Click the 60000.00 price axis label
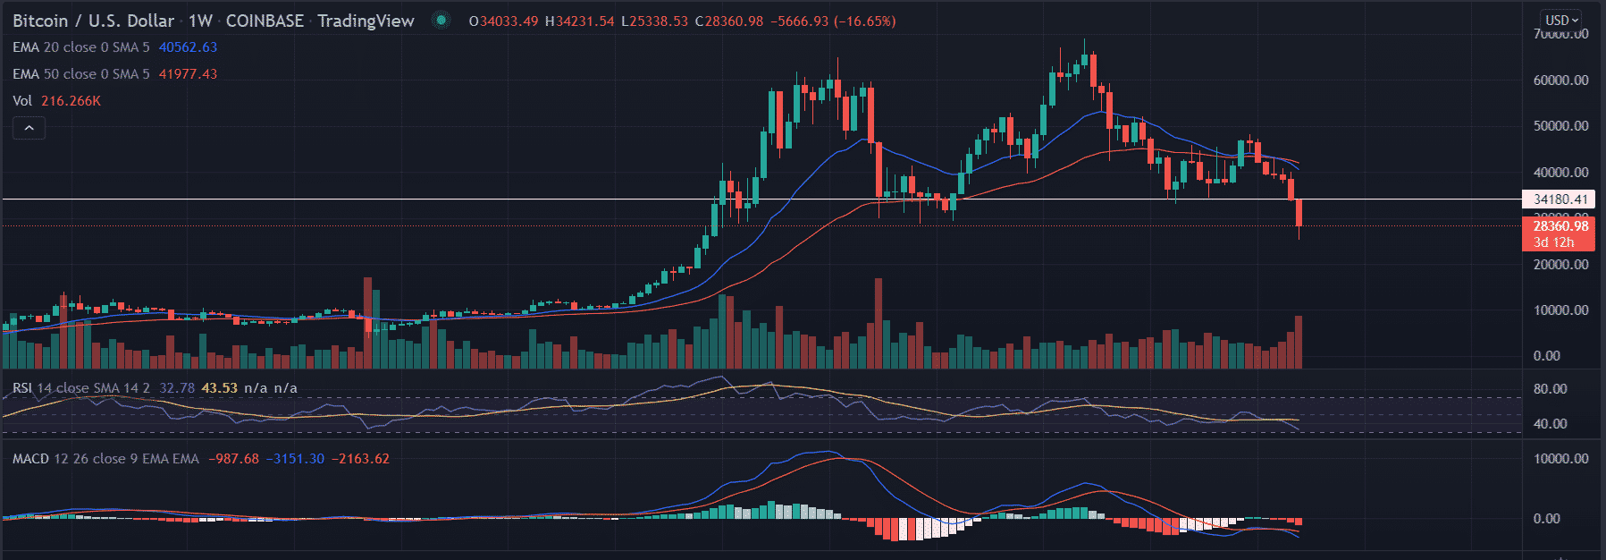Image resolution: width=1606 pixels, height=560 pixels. pyautogui.click(x=1560, y=81)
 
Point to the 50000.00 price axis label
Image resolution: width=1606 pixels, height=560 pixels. pyautogui.click(x=1560, y=126)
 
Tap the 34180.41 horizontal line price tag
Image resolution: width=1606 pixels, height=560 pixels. pyautogui.click(x=1560, y=199)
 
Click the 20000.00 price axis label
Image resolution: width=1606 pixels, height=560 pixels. pyautogui.click(x=1560, y=265)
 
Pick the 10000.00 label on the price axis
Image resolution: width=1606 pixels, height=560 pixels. pyautogui.click(x=1560, y=310)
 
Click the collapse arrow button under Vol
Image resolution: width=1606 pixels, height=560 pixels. pyautogui.click(x=29, y=128)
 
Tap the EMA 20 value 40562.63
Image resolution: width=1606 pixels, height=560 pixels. pyautogui.click(x=188, y=47)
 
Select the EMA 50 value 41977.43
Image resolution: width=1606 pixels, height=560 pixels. pyautogui.click(x=188, y=74)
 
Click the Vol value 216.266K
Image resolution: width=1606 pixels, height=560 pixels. pyautogui.click(x=71, y=101)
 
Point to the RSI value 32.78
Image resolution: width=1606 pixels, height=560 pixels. pyautogui.click(x=176, y=388)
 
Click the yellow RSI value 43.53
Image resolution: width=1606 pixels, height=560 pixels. pyautogui.click(x=219, y=388)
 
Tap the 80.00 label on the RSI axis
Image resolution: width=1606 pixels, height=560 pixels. pyautogui.click(x=1550, y=389)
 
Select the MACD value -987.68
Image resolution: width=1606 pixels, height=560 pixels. pyautogui.click(x=233, y=459)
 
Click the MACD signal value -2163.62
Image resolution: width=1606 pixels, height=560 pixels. pyautogui.click(x=360, y=459)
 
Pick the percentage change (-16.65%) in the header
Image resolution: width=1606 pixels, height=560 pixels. pyautogui.click(x=864, y=21)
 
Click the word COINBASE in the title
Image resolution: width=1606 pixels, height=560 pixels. pyautogui.click(x=265, y=21)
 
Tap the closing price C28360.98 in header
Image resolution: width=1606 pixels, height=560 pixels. pyautogui.click(x=729, y=21)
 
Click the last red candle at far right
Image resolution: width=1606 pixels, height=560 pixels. pyautogui.click(x=1299, y=213)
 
